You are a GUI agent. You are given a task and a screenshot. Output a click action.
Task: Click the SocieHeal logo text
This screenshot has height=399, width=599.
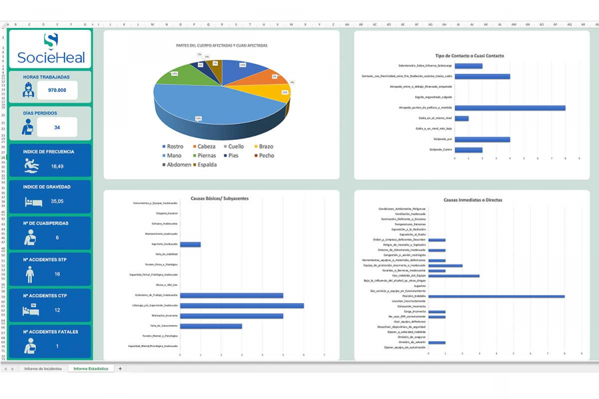click(51, 57)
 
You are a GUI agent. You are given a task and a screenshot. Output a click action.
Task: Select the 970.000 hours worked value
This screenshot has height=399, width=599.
click(57, 90)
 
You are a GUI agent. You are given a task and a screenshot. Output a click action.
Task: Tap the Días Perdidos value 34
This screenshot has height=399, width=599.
click(57, 127)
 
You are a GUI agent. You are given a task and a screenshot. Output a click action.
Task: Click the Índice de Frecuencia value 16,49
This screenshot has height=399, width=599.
click(57, 166)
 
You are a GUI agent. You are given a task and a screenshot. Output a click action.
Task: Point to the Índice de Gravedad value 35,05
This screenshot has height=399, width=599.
click(57, 201)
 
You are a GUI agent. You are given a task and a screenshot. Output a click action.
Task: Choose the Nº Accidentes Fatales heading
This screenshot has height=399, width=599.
click(51, 332)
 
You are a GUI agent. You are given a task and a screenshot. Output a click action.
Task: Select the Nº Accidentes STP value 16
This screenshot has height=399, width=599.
click(57, 273)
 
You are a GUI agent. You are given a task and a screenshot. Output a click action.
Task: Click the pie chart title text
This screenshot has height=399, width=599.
click(222, 45)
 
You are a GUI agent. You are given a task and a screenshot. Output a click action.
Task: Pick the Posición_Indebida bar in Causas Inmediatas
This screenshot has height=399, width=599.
click(496, 296)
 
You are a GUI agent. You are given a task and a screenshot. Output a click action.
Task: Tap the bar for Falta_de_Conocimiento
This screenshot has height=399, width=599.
click(211, 326)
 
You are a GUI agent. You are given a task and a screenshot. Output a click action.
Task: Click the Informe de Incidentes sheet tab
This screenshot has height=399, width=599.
click(43, 368)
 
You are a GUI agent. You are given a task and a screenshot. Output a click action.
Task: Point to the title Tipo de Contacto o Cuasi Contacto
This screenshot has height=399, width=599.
click(469, 56)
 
